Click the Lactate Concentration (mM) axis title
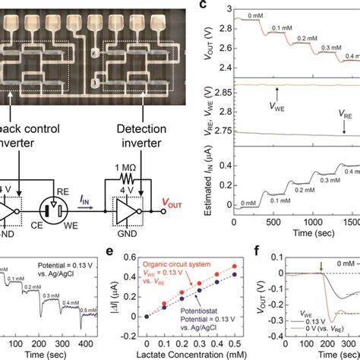(188, 352)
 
